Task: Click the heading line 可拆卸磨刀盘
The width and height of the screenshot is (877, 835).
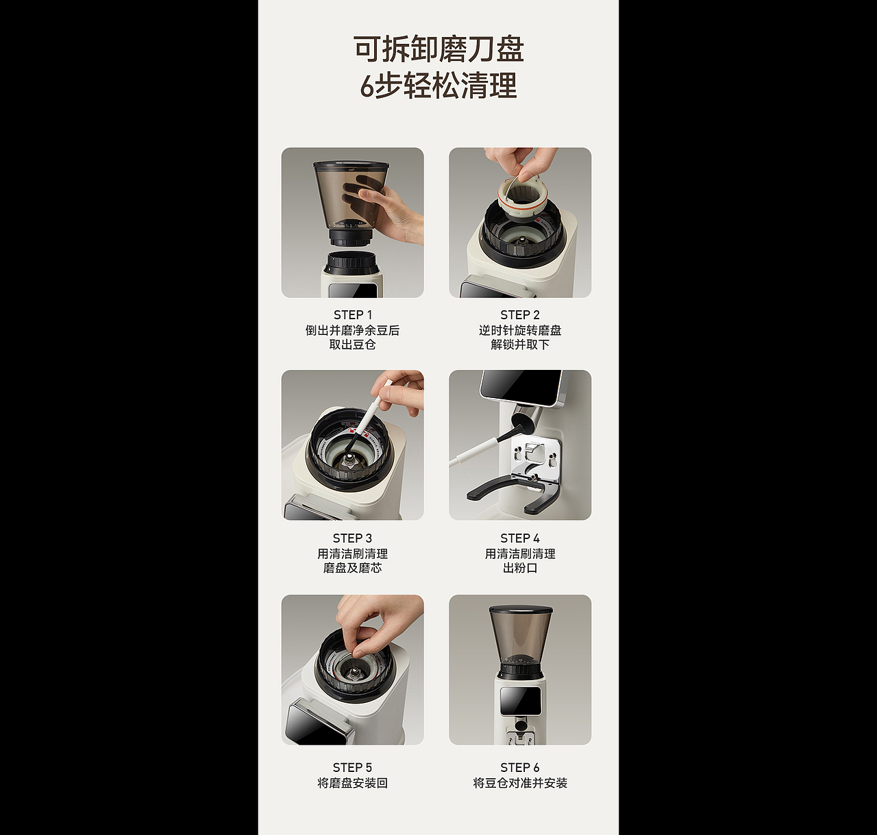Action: (438, 49)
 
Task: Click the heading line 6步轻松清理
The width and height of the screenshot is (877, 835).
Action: (438, 86)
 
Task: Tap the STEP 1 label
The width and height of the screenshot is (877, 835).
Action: (352, 315)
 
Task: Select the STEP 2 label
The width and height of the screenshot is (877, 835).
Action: (519, 315)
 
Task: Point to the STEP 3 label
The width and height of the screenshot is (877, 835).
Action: (352, 538)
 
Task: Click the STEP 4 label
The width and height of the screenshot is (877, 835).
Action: (519, 538)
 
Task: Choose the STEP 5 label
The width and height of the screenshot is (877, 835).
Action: (352, 767)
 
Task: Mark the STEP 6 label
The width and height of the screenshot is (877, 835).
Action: (519, 767)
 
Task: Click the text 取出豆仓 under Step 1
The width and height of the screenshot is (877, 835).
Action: (352, 345)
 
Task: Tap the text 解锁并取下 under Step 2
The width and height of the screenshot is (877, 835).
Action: (519, 345)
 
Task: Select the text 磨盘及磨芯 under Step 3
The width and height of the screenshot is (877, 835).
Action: (352, 568)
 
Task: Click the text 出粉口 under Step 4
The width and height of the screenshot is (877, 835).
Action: (519, 568)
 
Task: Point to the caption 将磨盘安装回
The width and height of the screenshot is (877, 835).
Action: (352, 783)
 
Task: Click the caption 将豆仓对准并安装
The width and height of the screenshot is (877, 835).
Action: (519, 783)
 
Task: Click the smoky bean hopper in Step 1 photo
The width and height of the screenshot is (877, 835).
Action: (346, 195)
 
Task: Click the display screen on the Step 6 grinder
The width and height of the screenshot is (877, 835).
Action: (520, 701)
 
